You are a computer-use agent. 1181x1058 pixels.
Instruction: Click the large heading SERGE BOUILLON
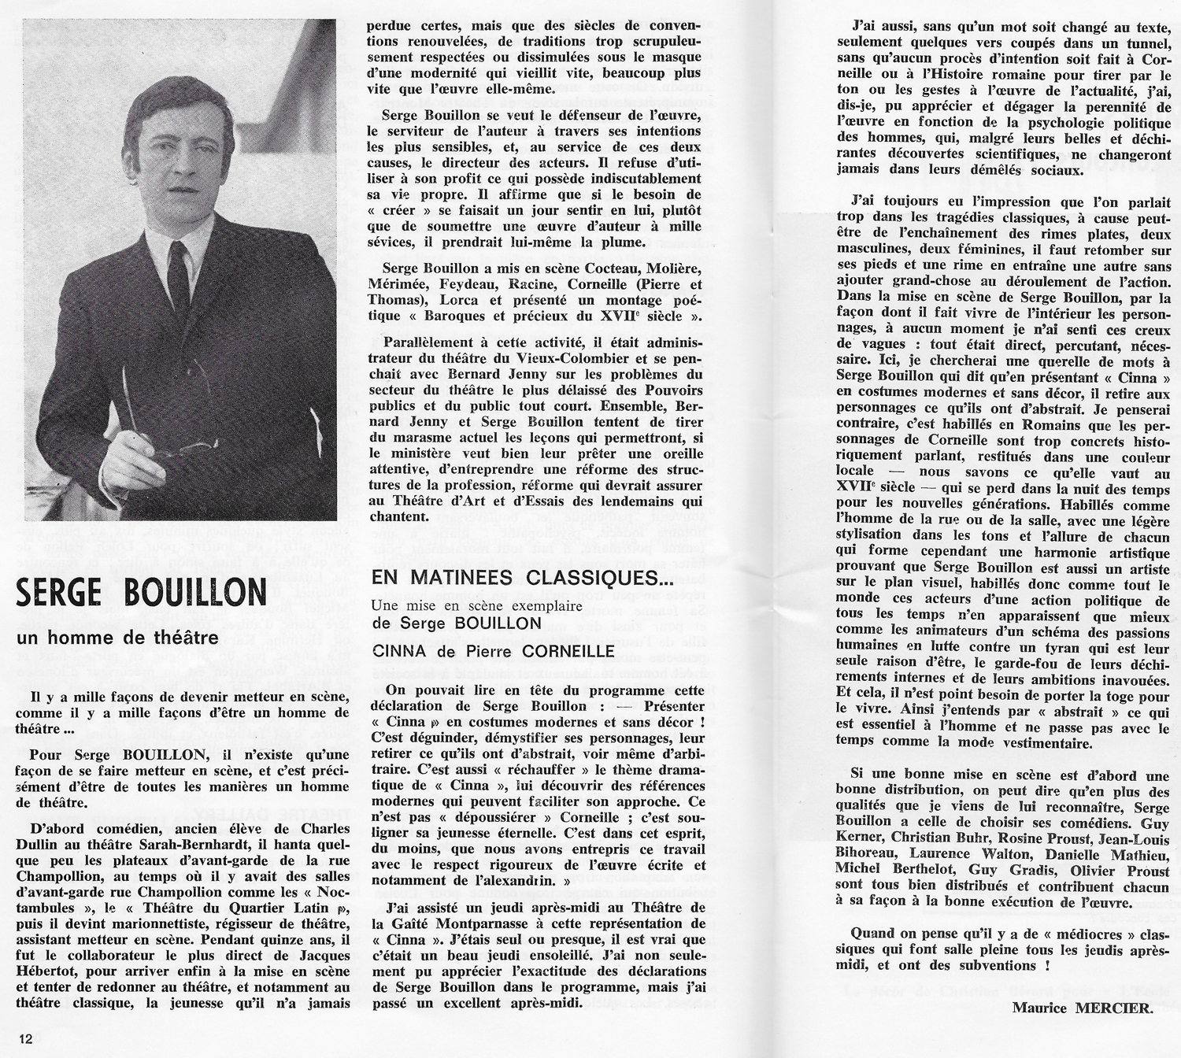140,592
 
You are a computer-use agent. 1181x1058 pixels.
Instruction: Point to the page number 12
28,1039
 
